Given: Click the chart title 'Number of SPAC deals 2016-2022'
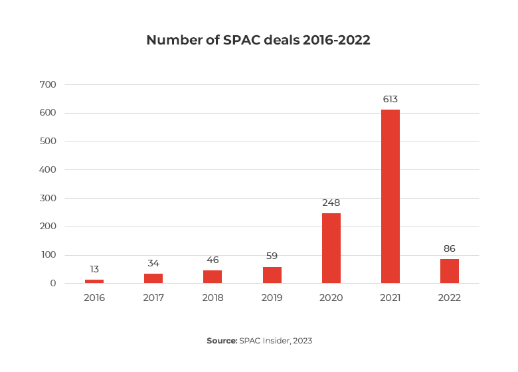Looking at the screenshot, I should pos(258,40).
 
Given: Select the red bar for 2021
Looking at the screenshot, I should pos(390,197).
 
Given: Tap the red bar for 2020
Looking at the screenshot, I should pos(331,248).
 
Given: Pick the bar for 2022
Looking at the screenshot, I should pos(450,271).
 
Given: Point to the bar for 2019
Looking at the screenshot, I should pos(272,275).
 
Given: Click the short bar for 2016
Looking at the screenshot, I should pos(94,282).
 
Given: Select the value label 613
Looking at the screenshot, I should pos(390,100).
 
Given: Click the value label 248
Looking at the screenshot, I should pos(331,203).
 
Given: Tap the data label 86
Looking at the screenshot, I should pos(450,249).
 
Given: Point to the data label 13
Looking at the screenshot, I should pos(94,269).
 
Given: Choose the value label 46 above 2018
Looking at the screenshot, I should pos(213,260).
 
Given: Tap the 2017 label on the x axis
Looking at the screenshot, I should pos(153,298).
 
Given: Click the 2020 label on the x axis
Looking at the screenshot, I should pos(331,298).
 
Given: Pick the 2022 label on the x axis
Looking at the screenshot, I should pos(450,298).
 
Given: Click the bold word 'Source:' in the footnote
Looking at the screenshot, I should pos(222,341).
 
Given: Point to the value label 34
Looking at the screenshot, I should pos(153,263).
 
